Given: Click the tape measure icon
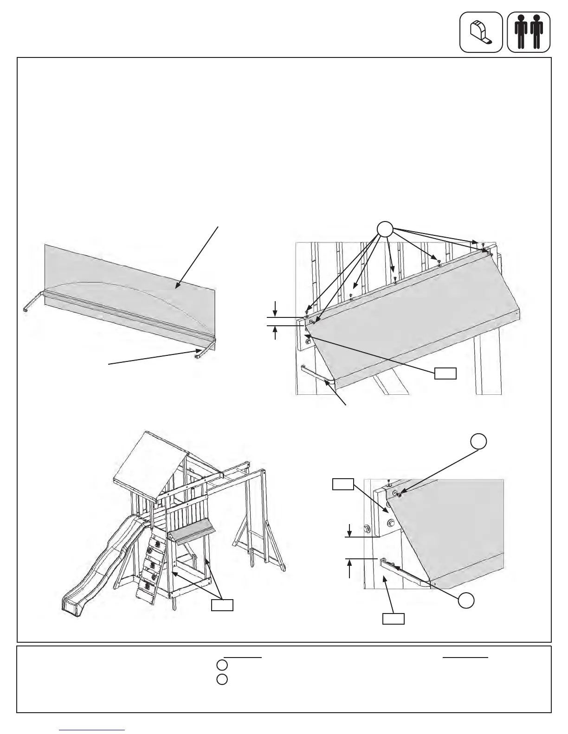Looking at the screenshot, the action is coord(481,32).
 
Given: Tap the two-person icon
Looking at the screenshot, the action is coord(529,32).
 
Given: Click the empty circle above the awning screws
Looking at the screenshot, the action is coord(385,230).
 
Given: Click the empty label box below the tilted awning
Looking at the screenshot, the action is coord(445,373).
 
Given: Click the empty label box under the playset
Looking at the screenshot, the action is coord(222,606).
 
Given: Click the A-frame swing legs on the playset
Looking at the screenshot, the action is coord(260,547).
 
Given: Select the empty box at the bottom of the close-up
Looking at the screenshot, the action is coord(393,619).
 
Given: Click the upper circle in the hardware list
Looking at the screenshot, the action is coord(222,666).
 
